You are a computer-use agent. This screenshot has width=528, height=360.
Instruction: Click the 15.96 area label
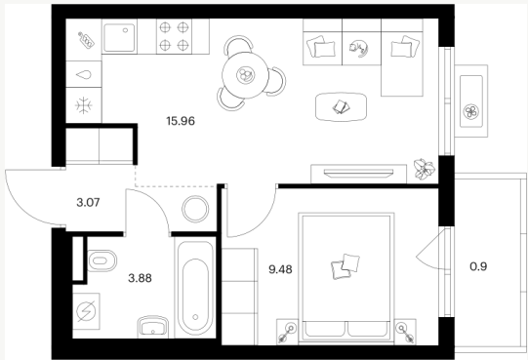point(181,121)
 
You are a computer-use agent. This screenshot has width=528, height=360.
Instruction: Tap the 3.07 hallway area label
point(88,202)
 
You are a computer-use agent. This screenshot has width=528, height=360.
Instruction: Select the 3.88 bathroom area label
point(140,278)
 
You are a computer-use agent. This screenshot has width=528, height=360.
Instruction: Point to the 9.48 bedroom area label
point(280,269)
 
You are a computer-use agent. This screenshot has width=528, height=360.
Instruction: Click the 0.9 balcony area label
point(478,266)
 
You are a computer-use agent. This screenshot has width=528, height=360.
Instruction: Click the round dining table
point(245,75)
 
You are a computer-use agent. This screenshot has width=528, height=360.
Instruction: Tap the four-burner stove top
point(174,36)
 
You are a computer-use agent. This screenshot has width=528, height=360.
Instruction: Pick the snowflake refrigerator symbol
point(84,105)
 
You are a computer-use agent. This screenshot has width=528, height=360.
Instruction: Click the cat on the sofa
point(359,48)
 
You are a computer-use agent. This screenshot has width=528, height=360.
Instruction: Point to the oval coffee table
point(341,107)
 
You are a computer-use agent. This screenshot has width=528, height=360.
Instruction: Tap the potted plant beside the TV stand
point(425,169)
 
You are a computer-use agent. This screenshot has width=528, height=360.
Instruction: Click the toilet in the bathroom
point(102,260)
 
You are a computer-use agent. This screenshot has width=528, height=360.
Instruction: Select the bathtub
point(195,287)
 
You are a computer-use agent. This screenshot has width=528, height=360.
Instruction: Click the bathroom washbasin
point(153,326)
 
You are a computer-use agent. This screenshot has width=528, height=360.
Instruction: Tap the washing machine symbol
point(87,311)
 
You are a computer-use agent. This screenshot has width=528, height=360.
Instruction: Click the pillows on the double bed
point(345,266)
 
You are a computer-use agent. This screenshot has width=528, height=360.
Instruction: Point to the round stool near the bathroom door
point(195,209)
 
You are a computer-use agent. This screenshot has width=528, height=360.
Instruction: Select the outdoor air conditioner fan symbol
point(470,112)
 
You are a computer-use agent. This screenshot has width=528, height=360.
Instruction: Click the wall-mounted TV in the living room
point(358,173)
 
